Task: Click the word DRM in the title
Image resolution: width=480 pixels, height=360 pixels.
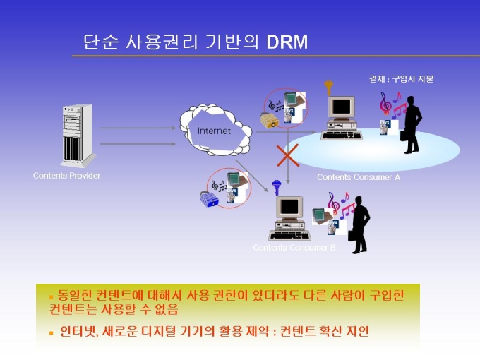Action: click(x=287, y=42)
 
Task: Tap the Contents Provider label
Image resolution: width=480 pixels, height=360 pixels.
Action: click(x=67, y=176)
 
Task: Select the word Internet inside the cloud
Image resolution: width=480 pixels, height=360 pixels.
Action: click(x=214, y=131)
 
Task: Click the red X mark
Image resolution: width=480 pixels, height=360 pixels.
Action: click(x=288, y=155)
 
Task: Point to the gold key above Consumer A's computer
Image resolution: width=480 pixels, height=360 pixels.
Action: click(x=329, y=88)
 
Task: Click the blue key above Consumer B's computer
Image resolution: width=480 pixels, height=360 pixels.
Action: click(x=277, y=187)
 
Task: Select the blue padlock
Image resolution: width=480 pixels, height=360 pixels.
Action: click(x=210, y=199)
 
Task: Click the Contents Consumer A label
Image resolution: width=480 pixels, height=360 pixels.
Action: click(x=359, y=177)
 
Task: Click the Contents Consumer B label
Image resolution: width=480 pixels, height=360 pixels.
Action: click(x=294, y=247)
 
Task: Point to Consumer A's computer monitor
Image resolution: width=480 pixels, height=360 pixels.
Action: click(x=342, y=107)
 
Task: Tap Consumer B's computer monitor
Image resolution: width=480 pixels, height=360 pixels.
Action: click(x=289, y=208)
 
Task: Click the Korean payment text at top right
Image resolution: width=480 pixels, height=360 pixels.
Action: click(x=402, y=79)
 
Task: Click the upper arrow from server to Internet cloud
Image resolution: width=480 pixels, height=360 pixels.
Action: click(x=138, y=128)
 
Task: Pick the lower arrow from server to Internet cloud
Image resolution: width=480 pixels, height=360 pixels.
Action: click(x=138, y=143)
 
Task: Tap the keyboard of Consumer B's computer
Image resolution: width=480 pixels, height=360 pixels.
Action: click(x=289, y=235)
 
